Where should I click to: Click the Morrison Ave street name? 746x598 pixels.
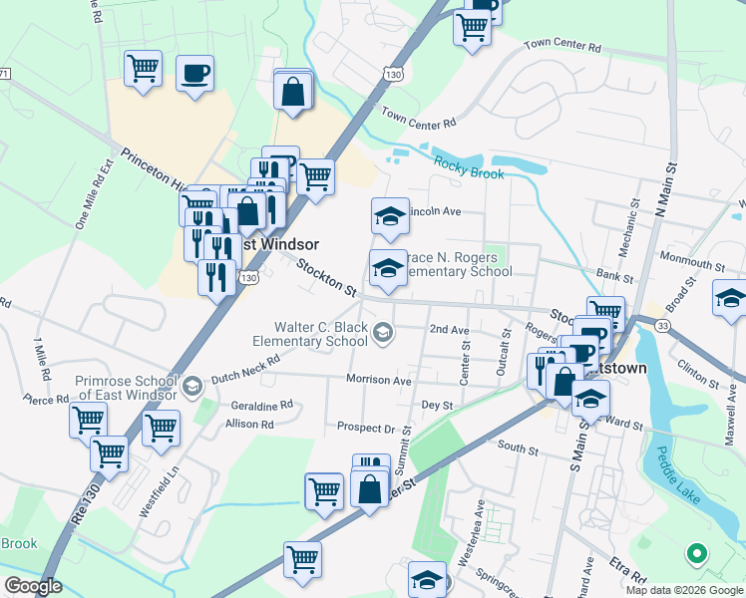tap(378, 380)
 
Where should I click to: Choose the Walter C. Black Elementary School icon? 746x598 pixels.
tap(383, 333)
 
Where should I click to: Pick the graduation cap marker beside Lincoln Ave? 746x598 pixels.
tap(391, 215)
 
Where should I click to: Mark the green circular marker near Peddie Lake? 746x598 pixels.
tap(697, 552)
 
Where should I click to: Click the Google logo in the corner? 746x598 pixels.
tap(33, 586)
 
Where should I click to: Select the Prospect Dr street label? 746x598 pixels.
tap(367, 429)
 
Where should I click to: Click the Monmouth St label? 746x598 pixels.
tap(691, 262)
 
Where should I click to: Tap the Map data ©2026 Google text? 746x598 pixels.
tap(683, 589)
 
